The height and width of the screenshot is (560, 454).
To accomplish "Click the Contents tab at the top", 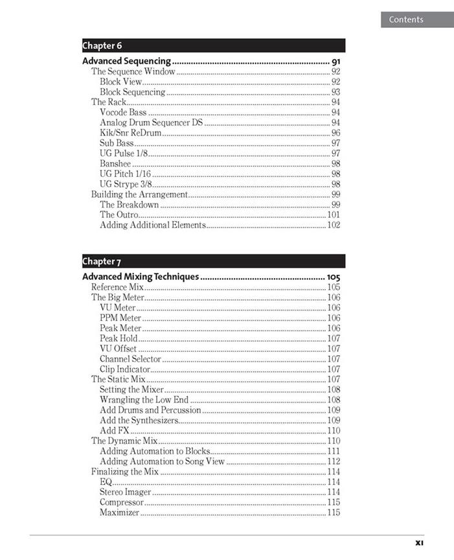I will pos(406,19).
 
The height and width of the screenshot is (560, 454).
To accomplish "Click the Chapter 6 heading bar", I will pos(213,45).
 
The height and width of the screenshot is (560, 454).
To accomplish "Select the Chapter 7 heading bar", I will pos(213,261).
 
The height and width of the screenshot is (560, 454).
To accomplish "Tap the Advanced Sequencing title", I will pos(126,62).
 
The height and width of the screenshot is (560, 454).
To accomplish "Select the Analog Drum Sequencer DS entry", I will pos(151,122).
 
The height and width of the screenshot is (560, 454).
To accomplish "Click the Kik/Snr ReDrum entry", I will pos(130,133).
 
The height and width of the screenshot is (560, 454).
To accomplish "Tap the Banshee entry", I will pos(115,164).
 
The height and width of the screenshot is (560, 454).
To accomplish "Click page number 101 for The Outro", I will pos(334,215).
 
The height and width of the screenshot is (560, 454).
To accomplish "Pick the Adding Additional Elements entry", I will pos(153,225).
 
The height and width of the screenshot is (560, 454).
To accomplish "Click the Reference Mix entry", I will pos(117,287).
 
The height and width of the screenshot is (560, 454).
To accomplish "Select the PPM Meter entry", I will pos(120,318).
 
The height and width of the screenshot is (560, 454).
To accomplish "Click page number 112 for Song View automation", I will pos(334,461).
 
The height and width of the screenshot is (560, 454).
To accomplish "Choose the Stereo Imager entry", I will pos(126,492).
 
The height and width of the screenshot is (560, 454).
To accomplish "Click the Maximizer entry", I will pos(119,513).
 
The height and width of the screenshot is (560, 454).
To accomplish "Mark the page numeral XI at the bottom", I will pos(419,542).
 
